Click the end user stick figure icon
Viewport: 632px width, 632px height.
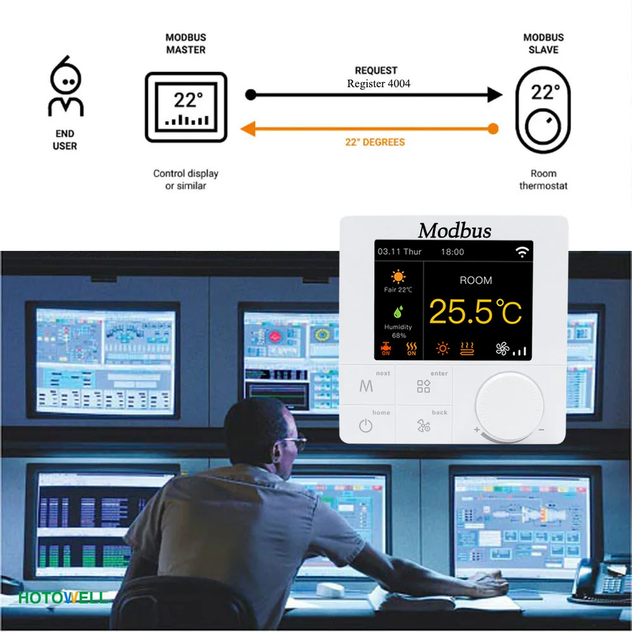click(x=66, y=87)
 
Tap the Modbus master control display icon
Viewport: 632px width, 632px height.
click(x=186, y=106)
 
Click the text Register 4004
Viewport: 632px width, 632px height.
click(x=379, y=83)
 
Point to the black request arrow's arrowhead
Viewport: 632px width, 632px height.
click(x=495, y=95)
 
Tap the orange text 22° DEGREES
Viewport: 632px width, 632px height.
click(x=375, y=142)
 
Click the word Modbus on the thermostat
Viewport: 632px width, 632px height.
click(x=454, y=231)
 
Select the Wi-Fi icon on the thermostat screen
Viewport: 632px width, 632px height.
click(x=521, y=252)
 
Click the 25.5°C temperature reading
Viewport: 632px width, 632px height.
click(x=475, y=311)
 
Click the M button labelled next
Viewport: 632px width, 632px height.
click(x=367, y=386)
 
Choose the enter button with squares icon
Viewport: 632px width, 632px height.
click(x=423, y=386)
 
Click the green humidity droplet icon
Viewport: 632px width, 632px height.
click(x=398, y=312)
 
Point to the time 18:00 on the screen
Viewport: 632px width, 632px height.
click(x=453, y=252)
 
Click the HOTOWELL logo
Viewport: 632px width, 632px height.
click(x=63, y=597)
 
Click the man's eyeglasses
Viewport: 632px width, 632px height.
click(x=296, y=441)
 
